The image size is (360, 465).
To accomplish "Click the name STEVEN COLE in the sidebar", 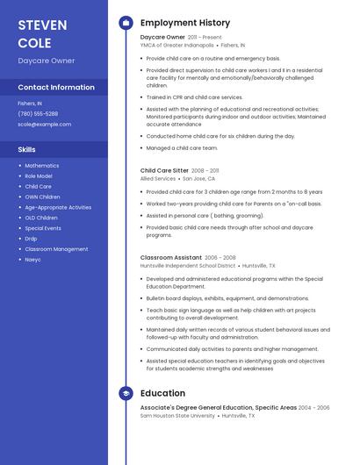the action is click(x=35, y=33).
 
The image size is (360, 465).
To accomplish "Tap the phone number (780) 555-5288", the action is click(x=38, y=114).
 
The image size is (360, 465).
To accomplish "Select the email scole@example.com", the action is click(x=44, y=125).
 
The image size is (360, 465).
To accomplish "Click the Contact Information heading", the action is click(x=56, y=88).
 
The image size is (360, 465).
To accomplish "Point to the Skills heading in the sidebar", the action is click(x=27, y=149).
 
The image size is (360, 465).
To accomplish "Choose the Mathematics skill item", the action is click(x=42, y=166).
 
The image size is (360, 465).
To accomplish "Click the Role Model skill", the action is click(x=39, y=176).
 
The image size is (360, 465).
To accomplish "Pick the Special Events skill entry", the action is click(x=43, y=228).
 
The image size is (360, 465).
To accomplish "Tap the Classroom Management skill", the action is click(x=56, y=249).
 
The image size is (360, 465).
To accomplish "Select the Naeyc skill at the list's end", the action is click(x=32, y=260).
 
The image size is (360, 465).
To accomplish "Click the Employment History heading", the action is click(x=185, y=23).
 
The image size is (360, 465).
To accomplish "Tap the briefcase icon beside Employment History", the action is click(x=126, y=23).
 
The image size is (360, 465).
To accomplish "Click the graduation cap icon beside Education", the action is click(x=126, y=394).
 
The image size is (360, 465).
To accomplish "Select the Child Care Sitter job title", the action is click(x=164, y=171).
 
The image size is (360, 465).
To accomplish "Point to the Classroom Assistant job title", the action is click(x=171, y=258).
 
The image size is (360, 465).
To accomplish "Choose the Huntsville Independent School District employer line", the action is click(x=188, y=266).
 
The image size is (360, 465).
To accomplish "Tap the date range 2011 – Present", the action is click(x=205, y=38).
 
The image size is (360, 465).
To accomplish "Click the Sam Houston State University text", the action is click(x=178, y=416).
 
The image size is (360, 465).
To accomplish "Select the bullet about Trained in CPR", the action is click(x=194, y=97).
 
